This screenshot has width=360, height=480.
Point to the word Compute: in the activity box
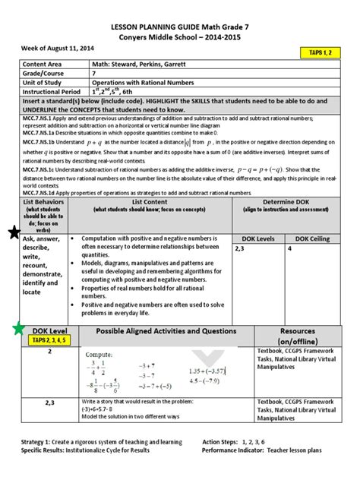tap(99, 355)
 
